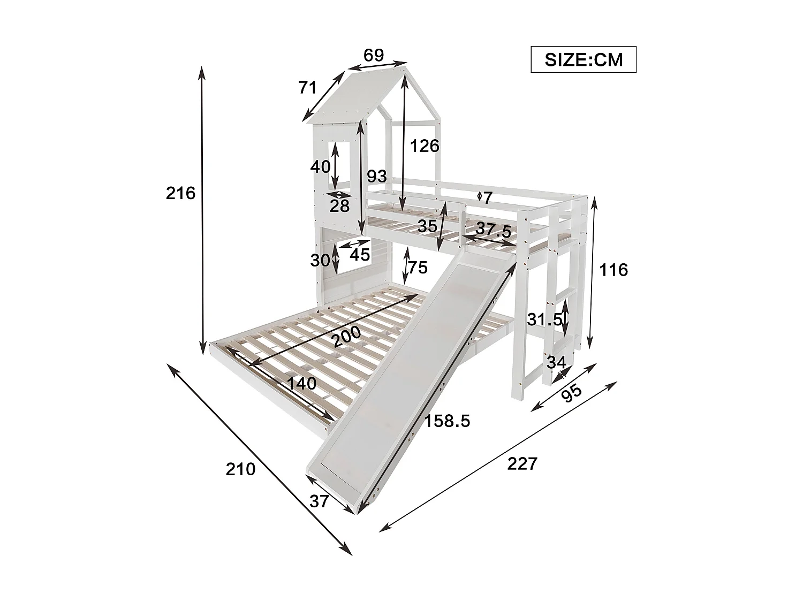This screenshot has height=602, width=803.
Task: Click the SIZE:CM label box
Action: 584,59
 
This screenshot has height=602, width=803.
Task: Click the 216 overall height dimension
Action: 180,193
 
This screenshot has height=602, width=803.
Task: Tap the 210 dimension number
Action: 240,469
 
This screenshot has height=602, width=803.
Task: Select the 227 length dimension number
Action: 521,463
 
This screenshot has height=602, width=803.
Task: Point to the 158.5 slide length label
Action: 447,421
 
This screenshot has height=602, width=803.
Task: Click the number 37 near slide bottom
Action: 319,501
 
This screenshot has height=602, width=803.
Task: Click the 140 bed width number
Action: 301,383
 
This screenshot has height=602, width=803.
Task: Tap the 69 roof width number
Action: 374,55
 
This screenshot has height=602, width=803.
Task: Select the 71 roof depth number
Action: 308,87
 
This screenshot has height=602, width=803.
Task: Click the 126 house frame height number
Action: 425,146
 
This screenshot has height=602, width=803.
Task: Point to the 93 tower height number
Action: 377,176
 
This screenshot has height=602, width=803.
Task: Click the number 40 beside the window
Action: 320,166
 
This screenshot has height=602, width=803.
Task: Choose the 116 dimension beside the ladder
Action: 613,270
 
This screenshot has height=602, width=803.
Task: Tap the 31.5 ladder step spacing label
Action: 544,319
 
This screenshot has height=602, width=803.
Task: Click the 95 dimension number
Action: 572,394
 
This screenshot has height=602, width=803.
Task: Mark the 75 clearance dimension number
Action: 418,266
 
